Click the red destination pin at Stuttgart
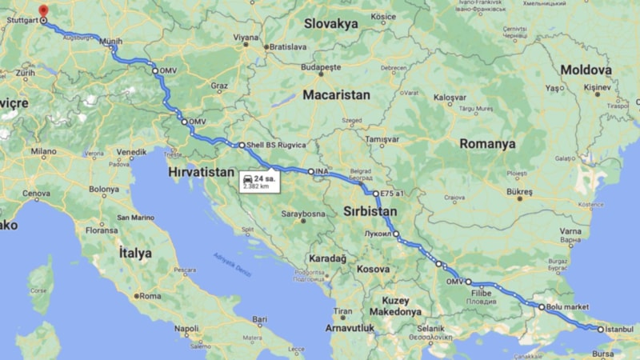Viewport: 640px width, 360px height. click(43, 12)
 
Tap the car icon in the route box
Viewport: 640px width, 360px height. click(249, 178)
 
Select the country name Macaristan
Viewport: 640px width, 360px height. click(336, 94)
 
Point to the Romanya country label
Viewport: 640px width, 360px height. click(487, 144)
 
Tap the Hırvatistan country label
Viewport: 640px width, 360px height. click(201, 172)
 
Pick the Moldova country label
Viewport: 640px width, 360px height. click(586, 70)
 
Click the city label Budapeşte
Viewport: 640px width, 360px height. click(321, 67)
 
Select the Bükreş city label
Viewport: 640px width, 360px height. click(518, 193)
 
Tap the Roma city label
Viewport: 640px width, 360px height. click(150, 296)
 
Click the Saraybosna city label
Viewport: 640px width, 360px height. click(302, 214)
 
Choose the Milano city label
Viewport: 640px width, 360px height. click(43, 151)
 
